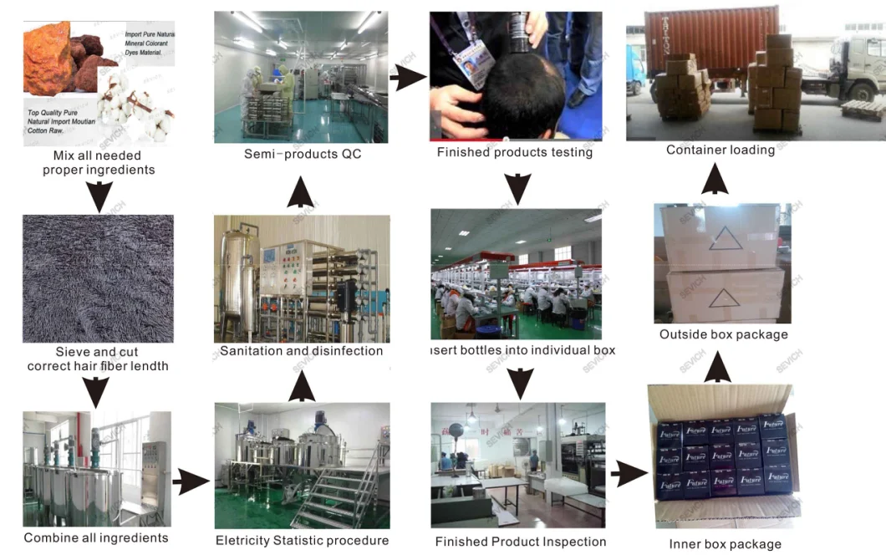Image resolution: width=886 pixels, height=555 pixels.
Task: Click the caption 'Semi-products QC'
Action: [x=303, y=154]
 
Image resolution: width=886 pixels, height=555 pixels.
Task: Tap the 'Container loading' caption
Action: [x=720, y=150]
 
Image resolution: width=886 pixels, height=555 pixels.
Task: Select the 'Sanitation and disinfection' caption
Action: [x=301, y=351]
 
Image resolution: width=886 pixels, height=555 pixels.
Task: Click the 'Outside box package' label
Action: [x=723, y=334]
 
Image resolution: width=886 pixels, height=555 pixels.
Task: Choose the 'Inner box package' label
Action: [x=725, y=544]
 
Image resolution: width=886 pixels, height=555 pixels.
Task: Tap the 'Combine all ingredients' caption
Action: [x=96, y=537]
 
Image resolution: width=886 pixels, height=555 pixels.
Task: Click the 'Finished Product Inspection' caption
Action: [x=520, y=542]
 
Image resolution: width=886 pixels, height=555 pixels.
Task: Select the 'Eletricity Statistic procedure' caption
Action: [x=302, y=541]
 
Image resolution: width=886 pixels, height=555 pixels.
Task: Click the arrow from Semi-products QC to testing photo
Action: [x=408, y=79]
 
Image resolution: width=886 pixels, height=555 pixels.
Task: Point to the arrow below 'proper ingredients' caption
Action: [x=99, y=196]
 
